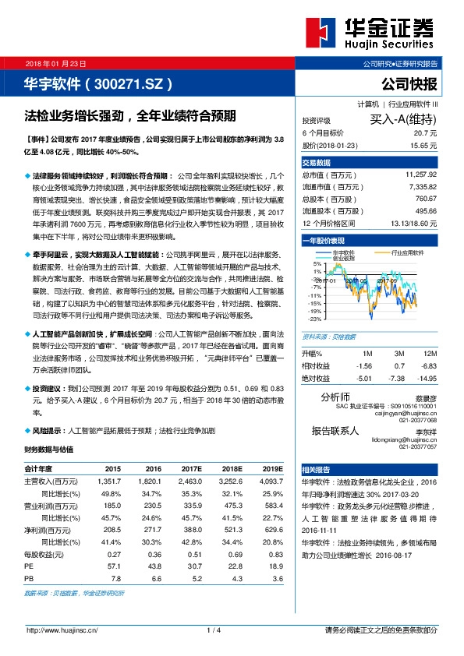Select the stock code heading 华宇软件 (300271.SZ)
click(x=97, y=82)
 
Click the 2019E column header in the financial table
click(x=272, y=468)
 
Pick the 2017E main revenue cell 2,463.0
click(x=191, y=481)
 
